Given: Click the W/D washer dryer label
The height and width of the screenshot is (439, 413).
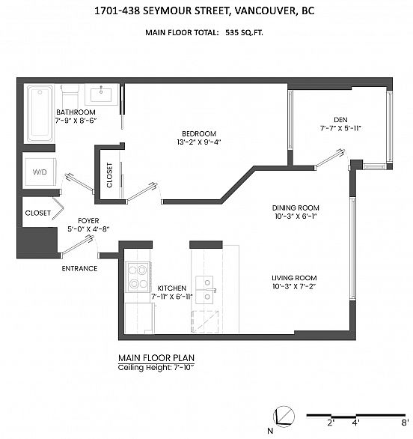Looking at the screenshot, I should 39,172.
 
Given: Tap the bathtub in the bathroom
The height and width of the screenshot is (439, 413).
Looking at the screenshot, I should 40,113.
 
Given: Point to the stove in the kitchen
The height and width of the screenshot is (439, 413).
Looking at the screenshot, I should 138,276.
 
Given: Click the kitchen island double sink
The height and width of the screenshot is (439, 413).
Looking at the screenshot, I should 205,284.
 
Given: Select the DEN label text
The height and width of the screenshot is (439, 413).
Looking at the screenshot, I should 340,118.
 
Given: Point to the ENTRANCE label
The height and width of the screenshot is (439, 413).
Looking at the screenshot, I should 80,268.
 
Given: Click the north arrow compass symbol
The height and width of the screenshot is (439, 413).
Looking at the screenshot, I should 284,414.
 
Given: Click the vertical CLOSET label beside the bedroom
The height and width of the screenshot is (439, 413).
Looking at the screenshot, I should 109,175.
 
